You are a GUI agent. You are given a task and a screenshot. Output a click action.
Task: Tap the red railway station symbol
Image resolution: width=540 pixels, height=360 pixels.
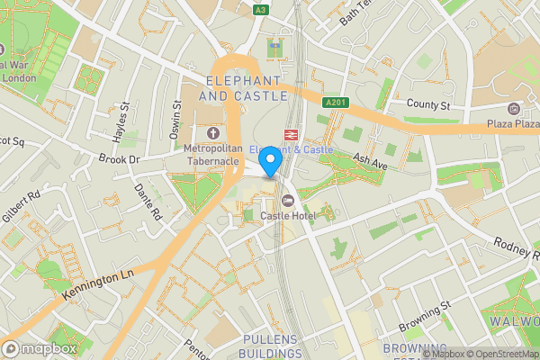[x=291, y=134]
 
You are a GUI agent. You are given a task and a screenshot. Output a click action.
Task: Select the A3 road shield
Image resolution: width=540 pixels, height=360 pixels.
[x=261, y=9]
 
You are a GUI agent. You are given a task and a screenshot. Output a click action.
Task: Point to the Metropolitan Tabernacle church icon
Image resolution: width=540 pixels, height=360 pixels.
[x=213, y=133]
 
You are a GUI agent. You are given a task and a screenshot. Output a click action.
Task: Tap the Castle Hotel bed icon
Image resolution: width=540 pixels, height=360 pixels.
[x=288, y=200]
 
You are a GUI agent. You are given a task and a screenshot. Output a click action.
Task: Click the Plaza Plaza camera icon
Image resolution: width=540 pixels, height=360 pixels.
[x=514, y=109]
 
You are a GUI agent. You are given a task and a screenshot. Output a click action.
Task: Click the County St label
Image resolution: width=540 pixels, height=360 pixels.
[x=427, y=105]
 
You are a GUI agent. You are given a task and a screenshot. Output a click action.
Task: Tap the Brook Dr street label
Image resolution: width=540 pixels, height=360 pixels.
[x=121, y=159]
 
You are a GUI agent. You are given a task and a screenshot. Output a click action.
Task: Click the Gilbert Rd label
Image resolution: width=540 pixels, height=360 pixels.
[x=23, y=206]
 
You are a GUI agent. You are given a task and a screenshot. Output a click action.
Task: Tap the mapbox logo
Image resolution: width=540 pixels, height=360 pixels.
[x=40, y=348]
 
